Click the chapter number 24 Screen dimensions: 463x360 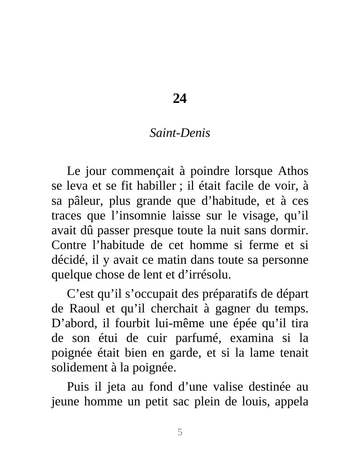coord(180,99)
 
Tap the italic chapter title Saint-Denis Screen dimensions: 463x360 coord(180,133)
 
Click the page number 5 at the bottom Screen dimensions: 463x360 coord(180,432)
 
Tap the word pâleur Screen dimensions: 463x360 coord(85,201)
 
